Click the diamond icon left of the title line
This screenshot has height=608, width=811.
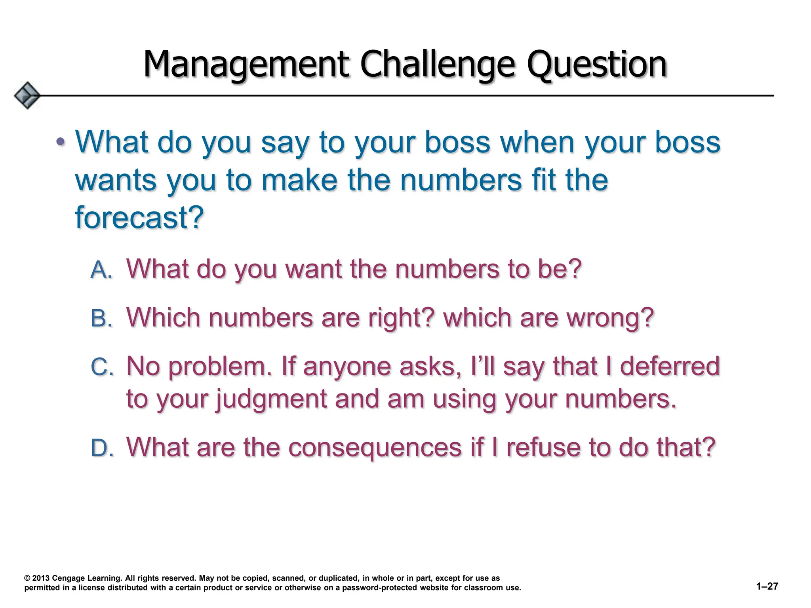(27, 95)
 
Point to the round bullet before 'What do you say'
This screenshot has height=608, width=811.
(60, 141)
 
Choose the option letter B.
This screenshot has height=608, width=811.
(101, 318)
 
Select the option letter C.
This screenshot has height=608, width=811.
(102, 367)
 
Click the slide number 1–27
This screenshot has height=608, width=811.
(767, 586)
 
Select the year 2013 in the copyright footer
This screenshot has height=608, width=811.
(41, 578)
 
